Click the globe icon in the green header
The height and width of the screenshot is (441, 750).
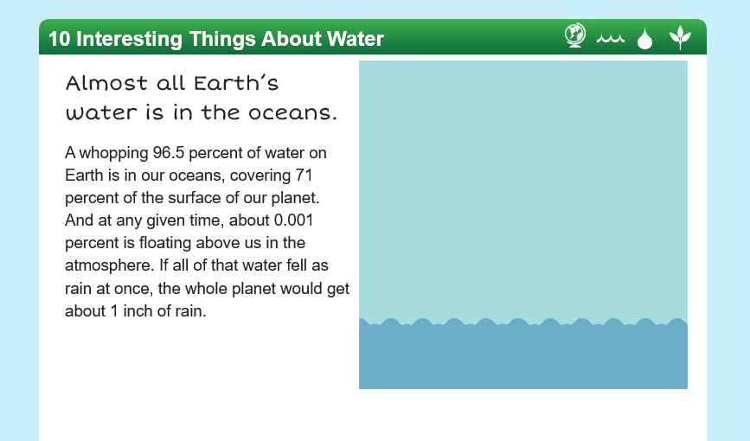(575, 35)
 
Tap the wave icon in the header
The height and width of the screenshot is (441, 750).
(611, 39)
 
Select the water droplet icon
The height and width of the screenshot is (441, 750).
(644, 38)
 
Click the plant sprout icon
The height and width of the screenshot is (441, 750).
(680, 37)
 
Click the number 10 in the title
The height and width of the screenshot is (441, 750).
(60, 39)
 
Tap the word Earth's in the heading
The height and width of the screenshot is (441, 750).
(236, 83)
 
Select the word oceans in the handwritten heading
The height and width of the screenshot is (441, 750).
(292, 113)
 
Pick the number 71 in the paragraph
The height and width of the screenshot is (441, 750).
(304, 176)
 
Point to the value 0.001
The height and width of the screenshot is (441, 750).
(294, 220)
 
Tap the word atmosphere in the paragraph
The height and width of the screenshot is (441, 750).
(110, 265)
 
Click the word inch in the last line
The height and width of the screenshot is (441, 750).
(138, 311)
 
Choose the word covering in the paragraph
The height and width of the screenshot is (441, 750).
(260, 176)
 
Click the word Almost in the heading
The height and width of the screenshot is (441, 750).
(106, 83)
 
